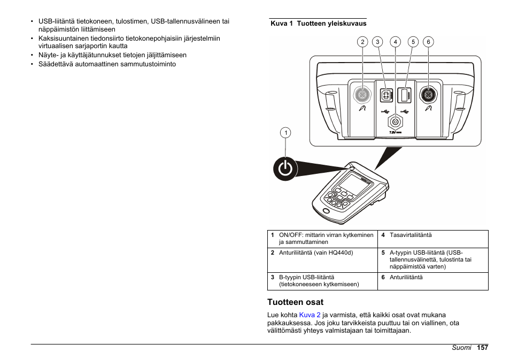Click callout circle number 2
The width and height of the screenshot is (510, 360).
pyautogui.click(x=362, y=42)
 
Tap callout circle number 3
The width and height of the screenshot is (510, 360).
pyautogui.click(x=377, y=42)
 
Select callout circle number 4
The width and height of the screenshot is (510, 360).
pyautogui.click(x=395, y=42)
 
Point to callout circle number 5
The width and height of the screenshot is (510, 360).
pyautogui.click(x=413, y=42)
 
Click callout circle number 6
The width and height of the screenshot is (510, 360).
pyautogui.click(x=428, y=42)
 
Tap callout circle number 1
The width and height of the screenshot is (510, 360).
pyautogui.click(x=286, y=133)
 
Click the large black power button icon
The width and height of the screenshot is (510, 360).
pyautogui.click(x=285, y=169)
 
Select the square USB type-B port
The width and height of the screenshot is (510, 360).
pyautogui.click(x=385, y=95)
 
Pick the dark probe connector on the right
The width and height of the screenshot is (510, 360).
pyautogui.click(x=428, y=95)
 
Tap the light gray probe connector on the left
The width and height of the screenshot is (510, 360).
pyautogui.click(x=363, y=95)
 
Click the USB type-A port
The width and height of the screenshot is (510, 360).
pyautogui.click(x=405, y=95)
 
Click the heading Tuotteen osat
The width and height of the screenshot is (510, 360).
pyautogui.click(x=295, y=302)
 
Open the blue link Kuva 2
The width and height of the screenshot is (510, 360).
pyautogui.click(x=310, y=315)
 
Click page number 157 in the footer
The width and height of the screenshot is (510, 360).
pyautogui.click(x=483, y=348)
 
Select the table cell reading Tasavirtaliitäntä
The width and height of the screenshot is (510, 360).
pyautogui.click(x=411, y=235)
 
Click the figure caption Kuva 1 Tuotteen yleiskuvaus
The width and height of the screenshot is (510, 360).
pyautogui.click(x=318, y=24)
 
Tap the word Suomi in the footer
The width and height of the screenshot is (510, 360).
pyautogui.click(x=461, y=348)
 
